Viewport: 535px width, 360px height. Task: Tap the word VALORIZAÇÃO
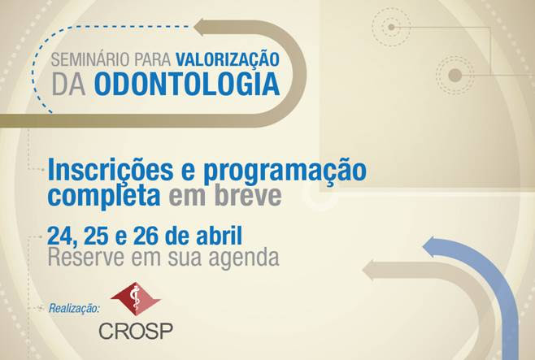click(x=228, y=59)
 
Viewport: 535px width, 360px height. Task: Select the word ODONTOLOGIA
click(x=187, y=85)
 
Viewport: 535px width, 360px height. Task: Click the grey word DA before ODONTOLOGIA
click(x=68, y=85)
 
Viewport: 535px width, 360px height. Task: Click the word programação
click(x=285, y=171)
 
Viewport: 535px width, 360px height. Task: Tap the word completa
click(x=104, y=196)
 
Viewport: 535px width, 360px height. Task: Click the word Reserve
click(x=86, y=258)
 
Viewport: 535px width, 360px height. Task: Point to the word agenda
click(x=244, y=259)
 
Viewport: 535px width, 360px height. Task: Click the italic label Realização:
click(x=74, y=308)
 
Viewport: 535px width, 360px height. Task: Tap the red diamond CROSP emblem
click(x=136, y=299)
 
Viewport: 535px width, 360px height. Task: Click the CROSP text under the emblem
click(x=136, y=331)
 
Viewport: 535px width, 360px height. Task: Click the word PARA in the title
click(x=153, y=60)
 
